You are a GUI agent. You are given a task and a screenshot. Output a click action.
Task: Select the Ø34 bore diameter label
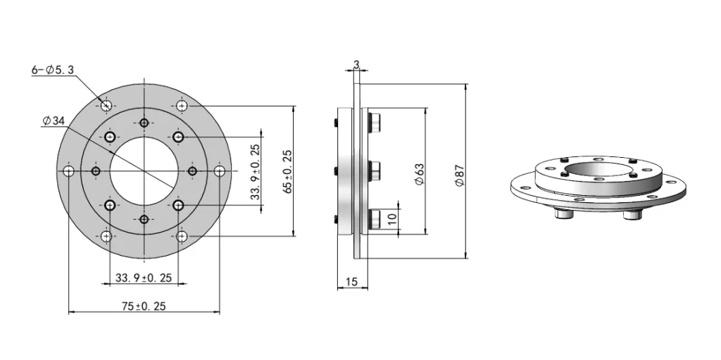[54, 121]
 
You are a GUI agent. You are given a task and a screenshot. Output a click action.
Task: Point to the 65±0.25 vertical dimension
[287, 171]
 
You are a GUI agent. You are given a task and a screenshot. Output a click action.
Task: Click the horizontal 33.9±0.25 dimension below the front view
[144, 278]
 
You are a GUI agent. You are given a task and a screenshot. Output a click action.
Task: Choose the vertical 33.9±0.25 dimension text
[255, 171]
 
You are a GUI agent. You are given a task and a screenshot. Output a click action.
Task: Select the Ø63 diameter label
[420, 174]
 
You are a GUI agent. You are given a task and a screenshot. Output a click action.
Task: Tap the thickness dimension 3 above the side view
[356, 65]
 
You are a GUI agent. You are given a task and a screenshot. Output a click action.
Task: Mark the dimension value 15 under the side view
[352, 282]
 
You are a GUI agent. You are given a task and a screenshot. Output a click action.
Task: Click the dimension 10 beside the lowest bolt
[392, 218]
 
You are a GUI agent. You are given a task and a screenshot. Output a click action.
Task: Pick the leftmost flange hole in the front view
[68, 171]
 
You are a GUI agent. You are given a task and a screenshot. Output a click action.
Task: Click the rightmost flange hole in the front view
[220, 171]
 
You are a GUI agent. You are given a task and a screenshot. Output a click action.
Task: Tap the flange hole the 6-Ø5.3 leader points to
[106, 106]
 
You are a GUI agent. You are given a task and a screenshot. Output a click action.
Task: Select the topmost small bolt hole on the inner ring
[144, 123]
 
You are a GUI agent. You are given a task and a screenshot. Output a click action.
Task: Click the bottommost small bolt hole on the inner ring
[144, 220]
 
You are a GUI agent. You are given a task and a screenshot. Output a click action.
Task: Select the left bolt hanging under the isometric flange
[564, 213]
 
